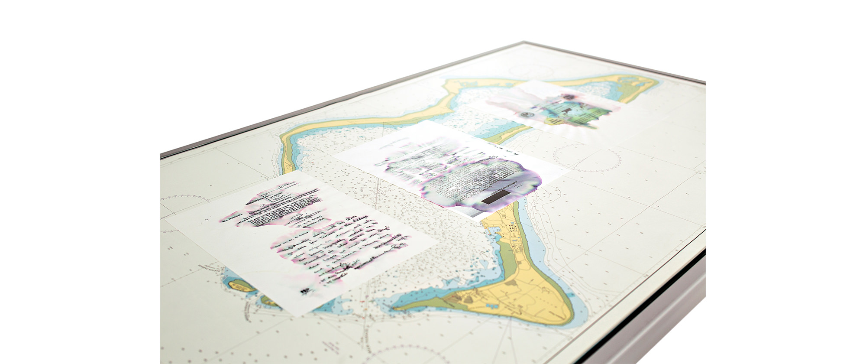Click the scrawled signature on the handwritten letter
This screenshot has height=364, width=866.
tap(303, 217)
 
